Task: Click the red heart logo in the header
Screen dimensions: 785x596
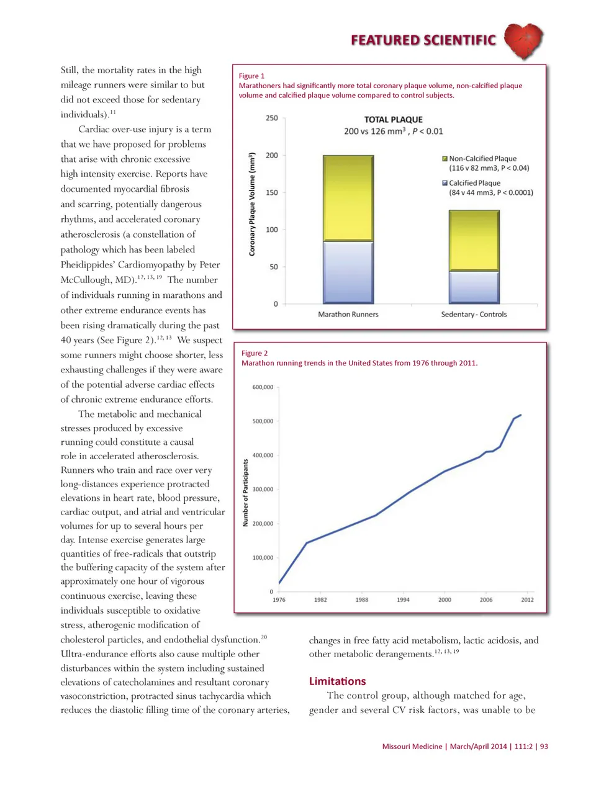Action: coord(523,41)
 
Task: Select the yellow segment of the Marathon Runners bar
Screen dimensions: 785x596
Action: coord(348,198)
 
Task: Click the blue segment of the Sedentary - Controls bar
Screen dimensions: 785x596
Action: coord(474,287)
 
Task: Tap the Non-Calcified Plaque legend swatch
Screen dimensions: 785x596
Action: coord(445,159)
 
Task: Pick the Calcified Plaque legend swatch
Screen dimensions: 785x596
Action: coord(445,183)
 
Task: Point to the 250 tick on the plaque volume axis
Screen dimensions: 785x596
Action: coord(272,118)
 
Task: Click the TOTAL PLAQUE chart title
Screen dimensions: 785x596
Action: coord(393,120)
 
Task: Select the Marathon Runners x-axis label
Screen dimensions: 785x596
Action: coord(348,315)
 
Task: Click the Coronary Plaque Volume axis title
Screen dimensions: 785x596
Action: coord(252,204)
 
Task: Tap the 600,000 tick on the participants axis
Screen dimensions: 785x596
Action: coord(263,387)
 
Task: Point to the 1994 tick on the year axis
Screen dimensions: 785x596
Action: coord(403,600)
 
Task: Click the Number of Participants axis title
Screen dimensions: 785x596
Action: coord(245,493)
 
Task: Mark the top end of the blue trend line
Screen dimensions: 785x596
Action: coord(520,415)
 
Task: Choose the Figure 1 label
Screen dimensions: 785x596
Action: coord(251,76)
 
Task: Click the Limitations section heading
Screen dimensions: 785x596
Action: coord(337,681)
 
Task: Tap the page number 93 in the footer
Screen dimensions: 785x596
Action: coord(544,747)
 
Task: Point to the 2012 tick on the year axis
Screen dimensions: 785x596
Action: coord(527,600)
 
